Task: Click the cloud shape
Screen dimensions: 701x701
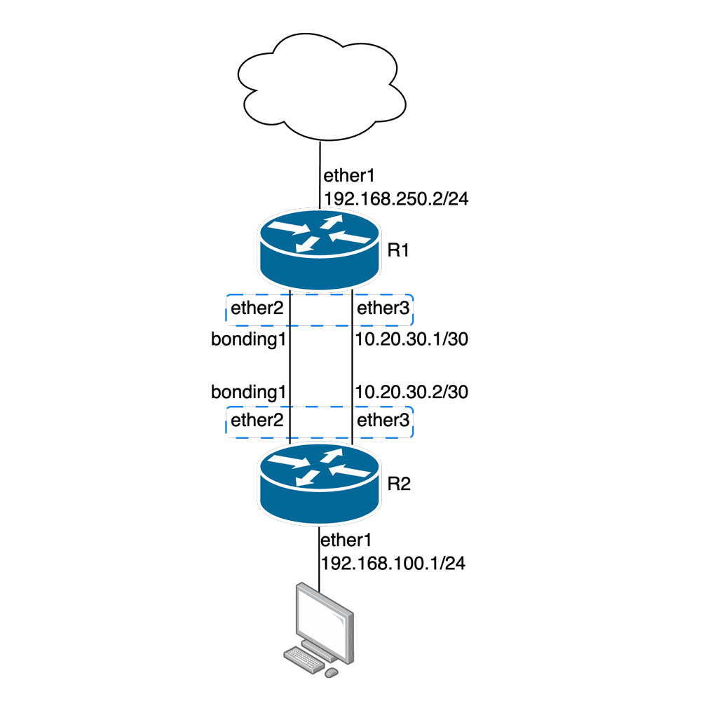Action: coord(320,88)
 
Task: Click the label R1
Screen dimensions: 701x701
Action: coord(399,251)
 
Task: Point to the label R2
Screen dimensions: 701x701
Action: coord(399,484)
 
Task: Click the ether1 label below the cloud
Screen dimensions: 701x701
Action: coord(345,175)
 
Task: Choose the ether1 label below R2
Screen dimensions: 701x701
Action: coord(345,540)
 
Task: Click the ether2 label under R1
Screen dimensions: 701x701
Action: coord(257,308)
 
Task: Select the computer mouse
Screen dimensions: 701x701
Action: coord(332,672)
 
